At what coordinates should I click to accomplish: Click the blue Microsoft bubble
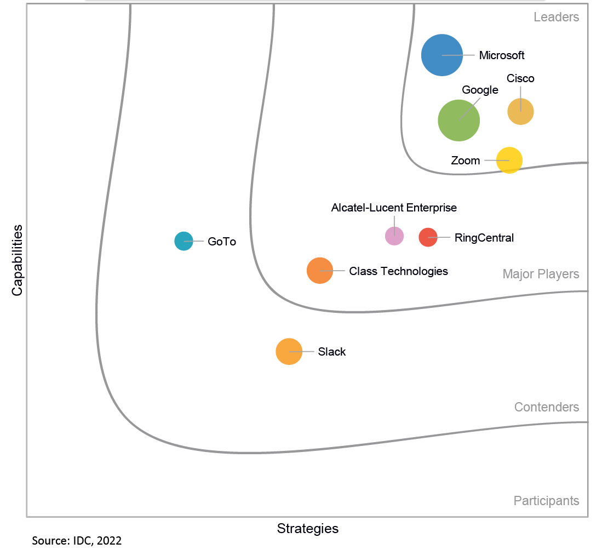click(442, 55)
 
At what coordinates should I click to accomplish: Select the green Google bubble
click(459, 121)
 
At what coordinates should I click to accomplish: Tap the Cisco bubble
click(520, 112)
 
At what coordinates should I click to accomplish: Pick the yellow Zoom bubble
click(509, 161)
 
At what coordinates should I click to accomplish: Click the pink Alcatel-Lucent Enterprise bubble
click(394, 236)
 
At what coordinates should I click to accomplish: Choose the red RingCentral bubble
click(428, 237)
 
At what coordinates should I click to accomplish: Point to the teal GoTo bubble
click(184, 241)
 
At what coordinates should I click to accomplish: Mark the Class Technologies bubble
click(320, 271)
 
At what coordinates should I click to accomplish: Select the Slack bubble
click(289, 352)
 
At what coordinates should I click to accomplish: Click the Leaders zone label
click(556, 17)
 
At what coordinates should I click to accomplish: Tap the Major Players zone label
click(541, 274)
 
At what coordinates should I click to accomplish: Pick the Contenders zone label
click(546, 407)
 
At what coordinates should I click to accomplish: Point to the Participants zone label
click(546, 501)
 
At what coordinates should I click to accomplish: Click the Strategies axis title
click(308, 529)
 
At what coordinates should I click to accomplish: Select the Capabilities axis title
click(18, 260)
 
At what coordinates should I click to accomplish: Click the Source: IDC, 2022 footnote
click(77, 541)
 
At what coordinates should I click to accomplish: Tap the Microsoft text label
click(502, 55)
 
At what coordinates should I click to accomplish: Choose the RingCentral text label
click(484, 238)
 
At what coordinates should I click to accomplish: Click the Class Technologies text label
click(398, 271)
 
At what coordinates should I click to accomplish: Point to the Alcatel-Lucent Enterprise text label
click(394, 208)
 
